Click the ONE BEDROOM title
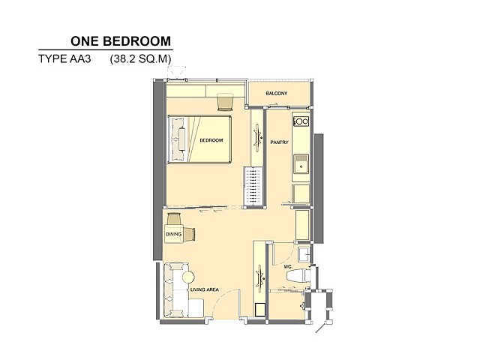click(x=121, y=41)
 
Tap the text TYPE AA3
click(x=64, y=58)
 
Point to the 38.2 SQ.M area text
click(x=140, y=58)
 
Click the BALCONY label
click(x=277, y=93)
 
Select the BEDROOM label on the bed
click(x=211, y=140)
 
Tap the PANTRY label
click(x=279, y=142)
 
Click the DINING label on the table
click(x=173, y=234)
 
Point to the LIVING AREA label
click(x=205, y=289)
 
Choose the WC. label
click(x=288, y=267)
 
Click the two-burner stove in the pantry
click(x=301, y=121)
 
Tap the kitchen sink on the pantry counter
click(x=301, y=163)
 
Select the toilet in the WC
click(x=299, y=274)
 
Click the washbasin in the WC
click(x=305, y=253)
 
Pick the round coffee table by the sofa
click(x=188, y=277)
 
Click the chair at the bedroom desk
click(x=226, y=102)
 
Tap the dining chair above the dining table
click(x=174, y=219)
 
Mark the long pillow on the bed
click(x=181, y=139)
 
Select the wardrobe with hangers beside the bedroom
click(x=253, y=187)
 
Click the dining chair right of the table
click(x=190, y=234)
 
